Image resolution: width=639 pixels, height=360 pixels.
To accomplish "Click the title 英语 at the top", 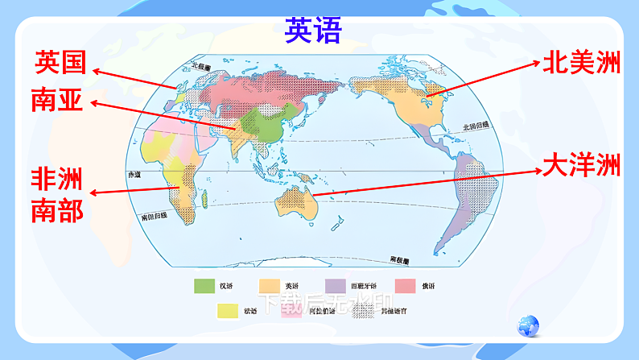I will tap(313, 31).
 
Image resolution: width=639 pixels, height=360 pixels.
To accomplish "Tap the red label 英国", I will tap(60, 62).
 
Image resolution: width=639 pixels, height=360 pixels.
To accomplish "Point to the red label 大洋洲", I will tap(581, 166).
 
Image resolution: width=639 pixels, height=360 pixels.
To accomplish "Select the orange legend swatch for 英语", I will tap(268, 284).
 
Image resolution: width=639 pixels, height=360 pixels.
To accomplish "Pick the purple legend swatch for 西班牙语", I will tap(336, 284).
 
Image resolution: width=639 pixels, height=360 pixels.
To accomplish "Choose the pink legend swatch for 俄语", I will tap(405, 284).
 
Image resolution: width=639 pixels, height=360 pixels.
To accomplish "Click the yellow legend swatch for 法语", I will tap(228, 310).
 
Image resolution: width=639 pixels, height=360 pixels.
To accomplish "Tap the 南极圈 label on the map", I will tap(399, 260).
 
